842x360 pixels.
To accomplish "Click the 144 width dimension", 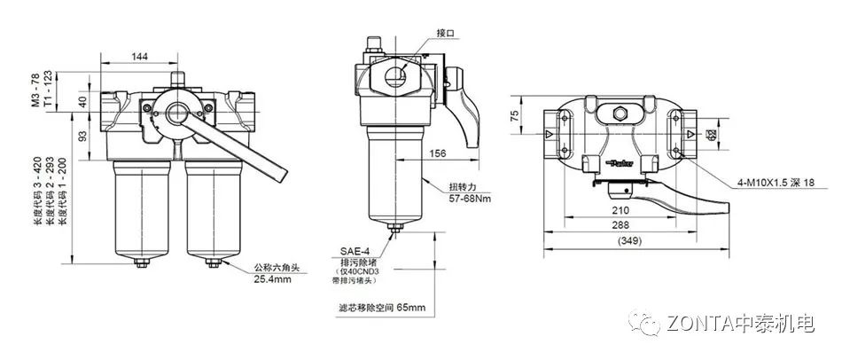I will point(140,56).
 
